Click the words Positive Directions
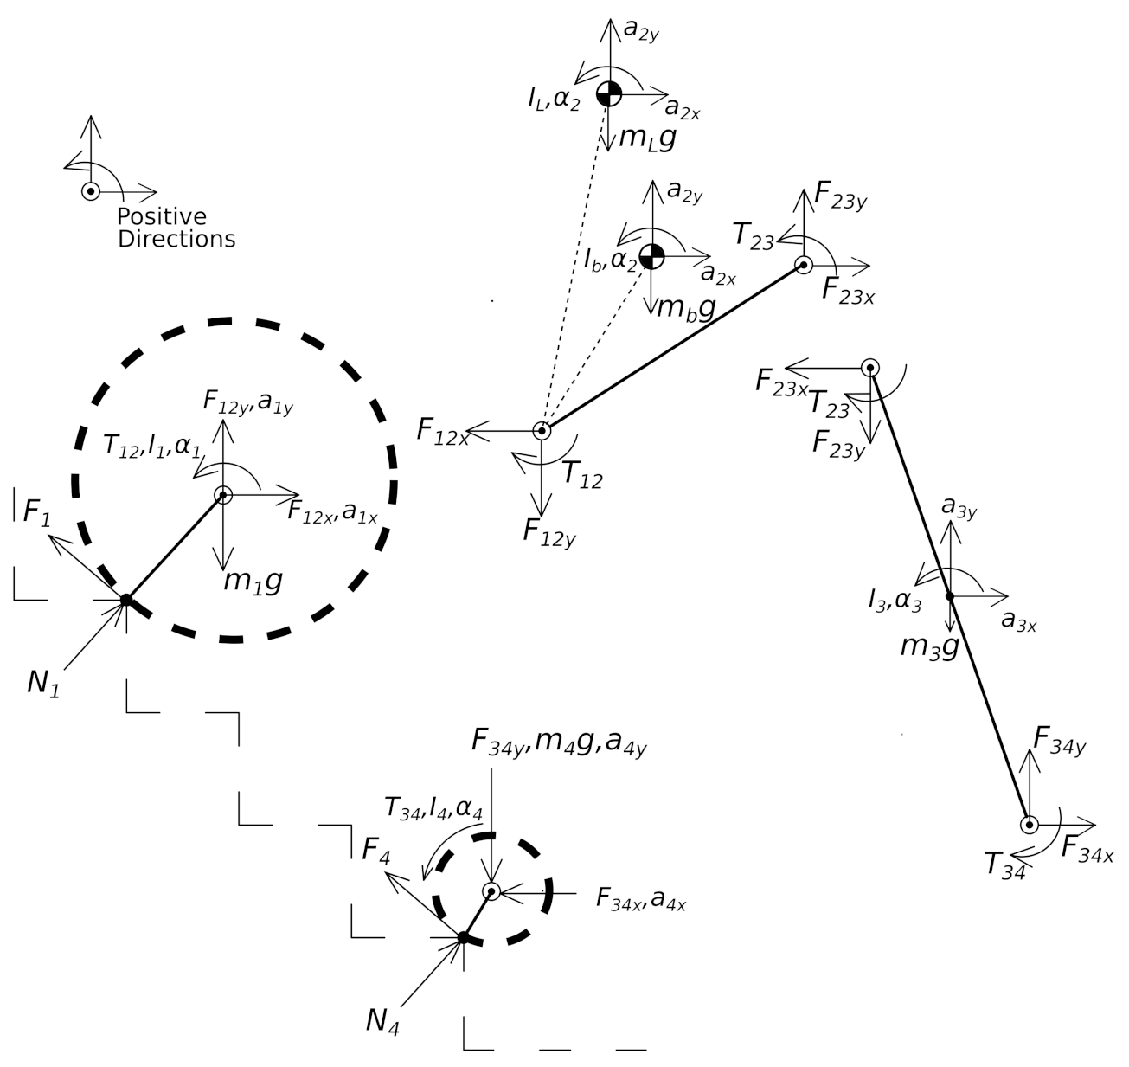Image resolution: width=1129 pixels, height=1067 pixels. [176, 228]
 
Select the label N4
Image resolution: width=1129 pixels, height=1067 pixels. [382, 1022]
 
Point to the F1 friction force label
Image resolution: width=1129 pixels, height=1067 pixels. [36, 513]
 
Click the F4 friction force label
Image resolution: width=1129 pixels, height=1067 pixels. [376, 852]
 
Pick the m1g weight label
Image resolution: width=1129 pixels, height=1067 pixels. [253, 582]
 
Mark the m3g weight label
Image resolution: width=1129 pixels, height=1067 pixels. [929, 646]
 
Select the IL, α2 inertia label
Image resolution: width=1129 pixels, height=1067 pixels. [554, 99]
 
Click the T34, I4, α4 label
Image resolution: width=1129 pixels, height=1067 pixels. [433, 808]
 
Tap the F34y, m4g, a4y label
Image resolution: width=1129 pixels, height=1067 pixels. [558, 742]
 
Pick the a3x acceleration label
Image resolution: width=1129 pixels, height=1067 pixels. [1018, 620]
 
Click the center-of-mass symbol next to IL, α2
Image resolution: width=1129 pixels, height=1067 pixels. [609, 93]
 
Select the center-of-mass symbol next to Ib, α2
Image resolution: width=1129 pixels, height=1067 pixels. [651, 255]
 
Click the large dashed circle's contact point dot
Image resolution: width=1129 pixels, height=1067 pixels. [125, 599]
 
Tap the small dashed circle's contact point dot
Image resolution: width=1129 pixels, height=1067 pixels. [463, 936]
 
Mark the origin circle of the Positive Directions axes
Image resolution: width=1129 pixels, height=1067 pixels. [90, 191]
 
